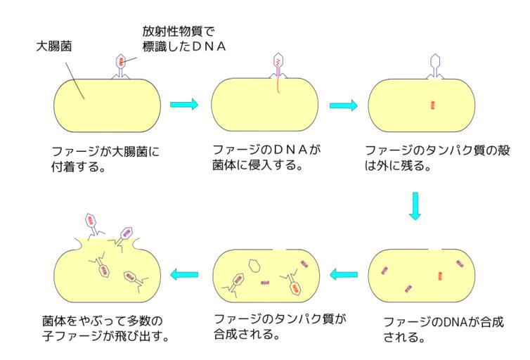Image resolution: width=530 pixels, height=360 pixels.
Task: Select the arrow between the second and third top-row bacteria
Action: pos(344,105)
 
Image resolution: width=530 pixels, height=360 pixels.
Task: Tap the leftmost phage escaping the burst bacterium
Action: pos(92,225)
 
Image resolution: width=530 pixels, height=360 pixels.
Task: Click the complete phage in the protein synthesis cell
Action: pos(293,285)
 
